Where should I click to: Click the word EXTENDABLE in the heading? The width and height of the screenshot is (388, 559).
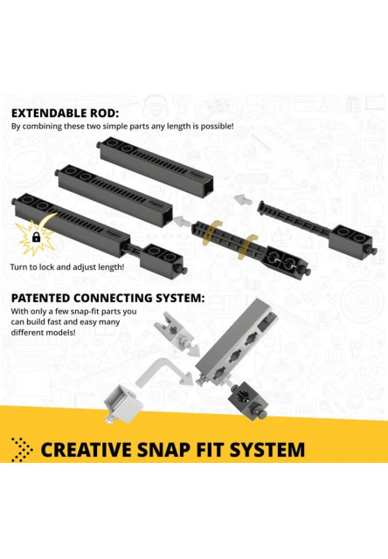coord(49,113)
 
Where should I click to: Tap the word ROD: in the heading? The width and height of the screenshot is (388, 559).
coord(104,113)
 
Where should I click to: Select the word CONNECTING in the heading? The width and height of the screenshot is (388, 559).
coord(111,298)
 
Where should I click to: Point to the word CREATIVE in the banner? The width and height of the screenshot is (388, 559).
coord(87,450)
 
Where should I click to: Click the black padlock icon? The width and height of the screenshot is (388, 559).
coord(36,237)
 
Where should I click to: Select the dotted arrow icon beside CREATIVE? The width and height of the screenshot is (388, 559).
coord(21,450)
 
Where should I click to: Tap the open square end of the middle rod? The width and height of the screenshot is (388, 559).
coord(167,215)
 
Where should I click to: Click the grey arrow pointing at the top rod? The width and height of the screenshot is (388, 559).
coord(243,199)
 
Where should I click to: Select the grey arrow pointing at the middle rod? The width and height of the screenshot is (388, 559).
coord(184,221)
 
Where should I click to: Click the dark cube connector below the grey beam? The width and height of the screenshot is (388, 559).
coord(248,399)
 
